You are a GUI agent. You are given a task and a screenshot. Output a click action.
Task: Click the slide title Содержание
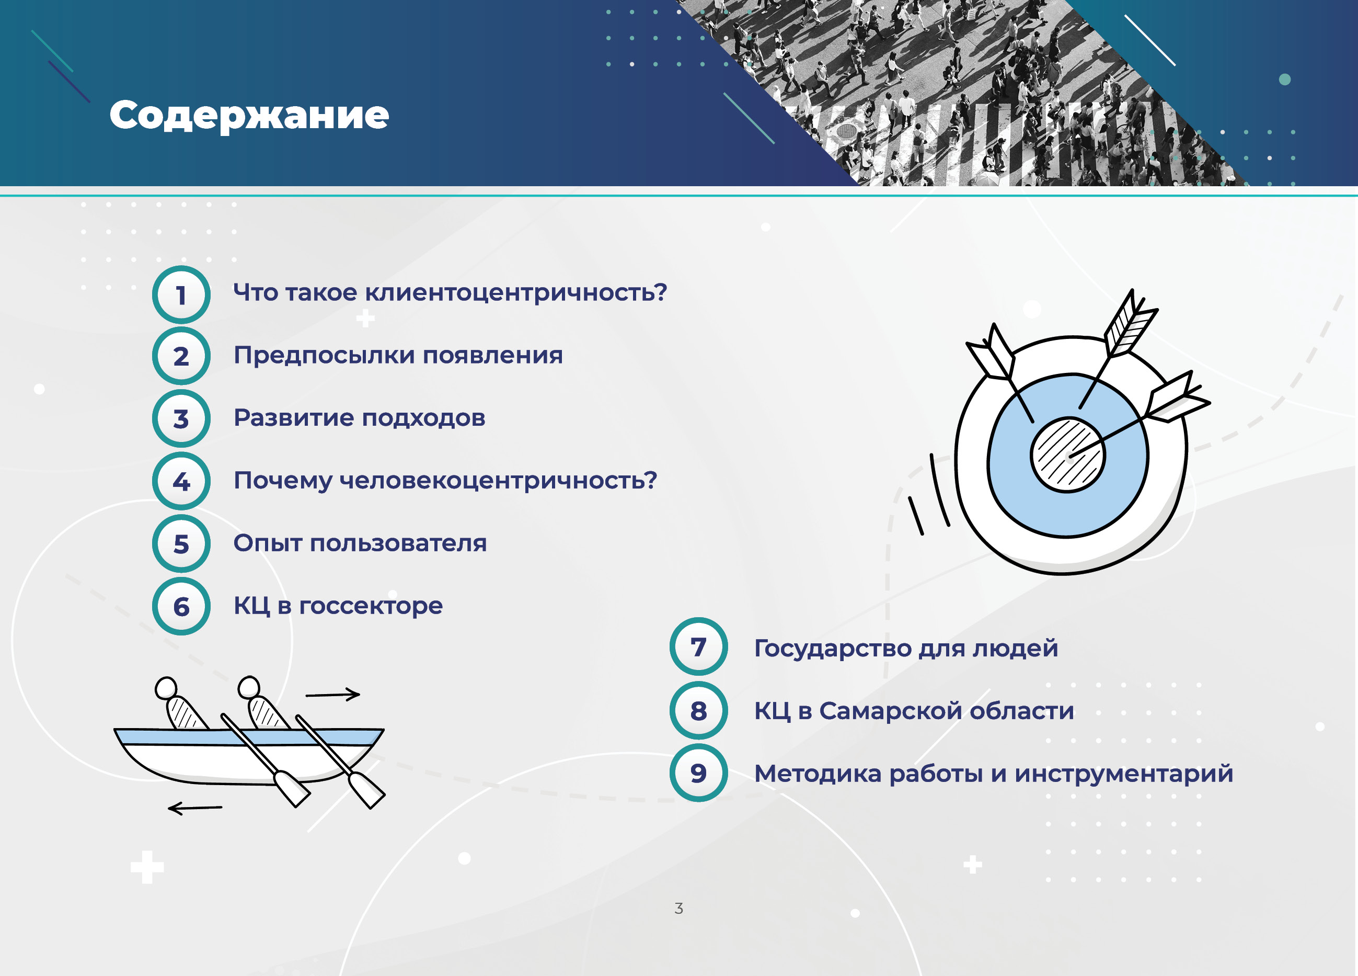click(x=249, y=115)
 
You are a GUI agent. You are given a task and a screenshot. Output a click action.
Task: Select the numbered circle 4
click(x=181, y=481)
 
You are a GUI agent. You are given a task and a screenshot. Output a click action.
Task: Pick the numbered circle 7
click(x=698, y=647)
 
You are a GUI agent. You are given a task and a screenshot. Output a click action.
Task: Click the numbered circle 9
click(x=698, y=773)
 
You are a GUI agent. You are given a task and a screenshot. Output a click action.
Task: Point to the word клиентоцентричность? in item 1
click(x=516, y=292)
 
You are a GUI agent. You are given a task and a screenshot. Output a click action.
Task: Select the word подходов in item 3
click(x=423, y=418)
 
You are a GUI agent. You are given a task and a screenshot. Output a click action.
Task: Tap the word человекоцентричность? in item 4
click(x=498, y=481)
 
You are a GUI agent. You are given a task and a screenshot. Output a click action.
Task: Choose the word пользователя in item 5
click(x=398, y=543)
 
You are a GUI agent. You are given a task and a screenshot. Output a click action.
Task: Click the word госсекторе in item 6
click(x=371, y=606)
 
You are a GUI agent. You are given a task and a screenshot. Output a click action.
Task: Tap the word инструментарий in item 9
click(x=1124, y=774)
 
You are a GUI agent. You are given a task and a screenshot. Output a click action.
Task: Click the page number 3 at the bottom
click(x=678, y=909)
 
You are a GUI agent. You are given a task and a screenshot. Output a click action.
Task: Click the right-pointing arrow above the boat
click(x=333, y=695)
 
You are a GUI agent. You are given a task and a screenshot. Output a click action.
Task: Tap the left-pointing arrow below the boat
click(x=194, y=808)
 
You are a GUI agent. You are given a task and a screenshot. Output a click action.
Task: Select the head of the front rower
click(x=248, y=687)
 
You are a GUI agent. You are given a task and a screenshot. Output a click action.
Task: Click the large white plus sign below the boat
click(x=147, y=867)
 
